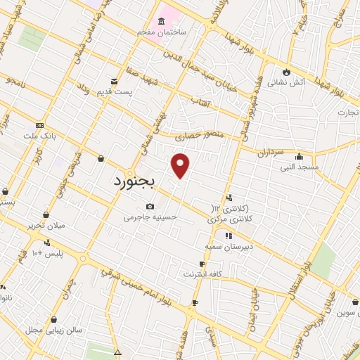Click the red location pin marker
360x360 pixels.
181,165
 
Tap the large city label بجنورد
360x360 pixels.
136,181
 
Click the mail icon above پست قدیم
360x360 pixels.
115,82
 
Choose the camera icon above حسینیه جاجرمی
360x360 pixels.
149,206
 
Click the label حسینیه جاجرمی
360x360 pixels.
148,217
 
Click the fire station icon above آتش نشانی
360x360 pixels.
286,72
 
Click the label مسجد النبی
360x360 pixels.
300,167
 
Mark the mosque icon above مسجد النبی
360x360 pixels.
300,156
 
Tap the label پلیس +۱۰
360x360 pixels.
48,252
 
